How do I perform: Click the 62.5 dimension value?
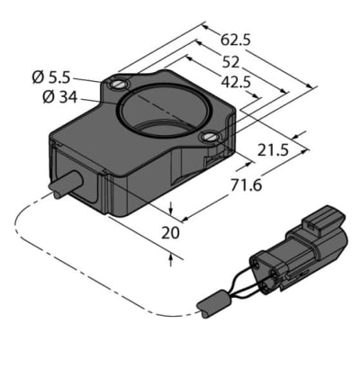point(237,40)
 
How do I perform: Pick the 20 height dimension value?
point(168,233)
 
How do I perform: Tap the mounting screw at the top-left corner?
point(119,85)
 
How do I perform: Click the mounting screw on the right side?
point(210,137)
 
